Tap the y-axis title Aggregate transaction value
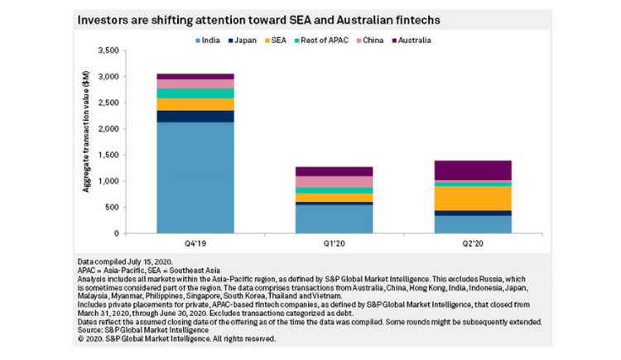[85, 141]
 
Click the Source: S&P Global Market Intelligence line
[142, 332]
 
